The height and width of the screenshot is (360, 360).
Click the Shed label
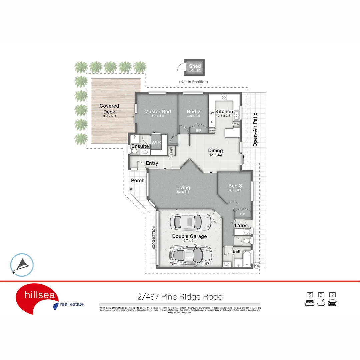pos(195,66)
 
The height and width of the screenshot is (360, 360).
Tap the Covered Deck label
pos(109,108)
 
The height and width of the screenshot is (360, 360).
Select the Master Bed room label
pos(158,112)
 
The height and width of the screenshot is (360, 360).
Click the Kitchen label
pos(224,112)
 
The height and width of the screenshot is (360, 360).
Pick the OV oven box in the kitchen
pos(212,113)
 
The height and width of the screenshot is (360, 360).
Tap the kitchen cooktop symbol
pos(224,98)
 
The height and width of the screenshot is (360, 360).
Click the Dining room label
pos(215,151)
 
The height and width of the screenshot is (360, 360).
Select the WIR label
pos(156,143)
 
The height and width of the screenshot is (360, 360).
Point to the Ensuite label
pos(140,146)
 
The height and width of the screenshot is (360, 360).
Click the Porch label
pos(138,180)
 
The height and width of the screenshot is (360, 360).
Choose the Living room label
pos(183,188)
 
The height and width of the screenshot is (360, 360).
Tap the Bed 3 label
pos(235,186)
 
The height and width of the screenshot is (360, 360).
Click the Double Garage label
pos(189,236)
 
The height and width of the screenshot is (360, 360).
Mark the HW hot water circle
pos(257,265)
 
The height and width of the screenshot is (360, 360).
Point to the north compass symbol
pos(22,265)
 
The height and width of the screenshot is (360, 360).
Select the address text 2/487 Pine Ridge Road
pos(180,297)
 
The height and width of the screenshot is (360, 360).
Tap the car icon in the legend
pos(332,303)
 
